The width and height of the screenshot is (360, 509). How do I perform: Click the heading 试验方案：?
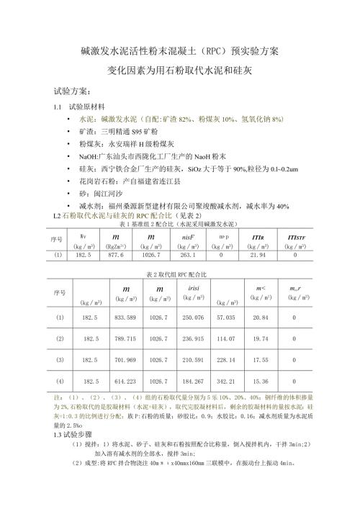[x=72, y=91]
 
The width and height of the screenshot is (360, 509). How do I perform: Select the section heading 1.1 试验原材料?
[x=80, y=107]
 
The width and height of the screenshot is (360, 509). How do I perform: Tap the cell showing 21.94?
[x=258, y=255]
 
